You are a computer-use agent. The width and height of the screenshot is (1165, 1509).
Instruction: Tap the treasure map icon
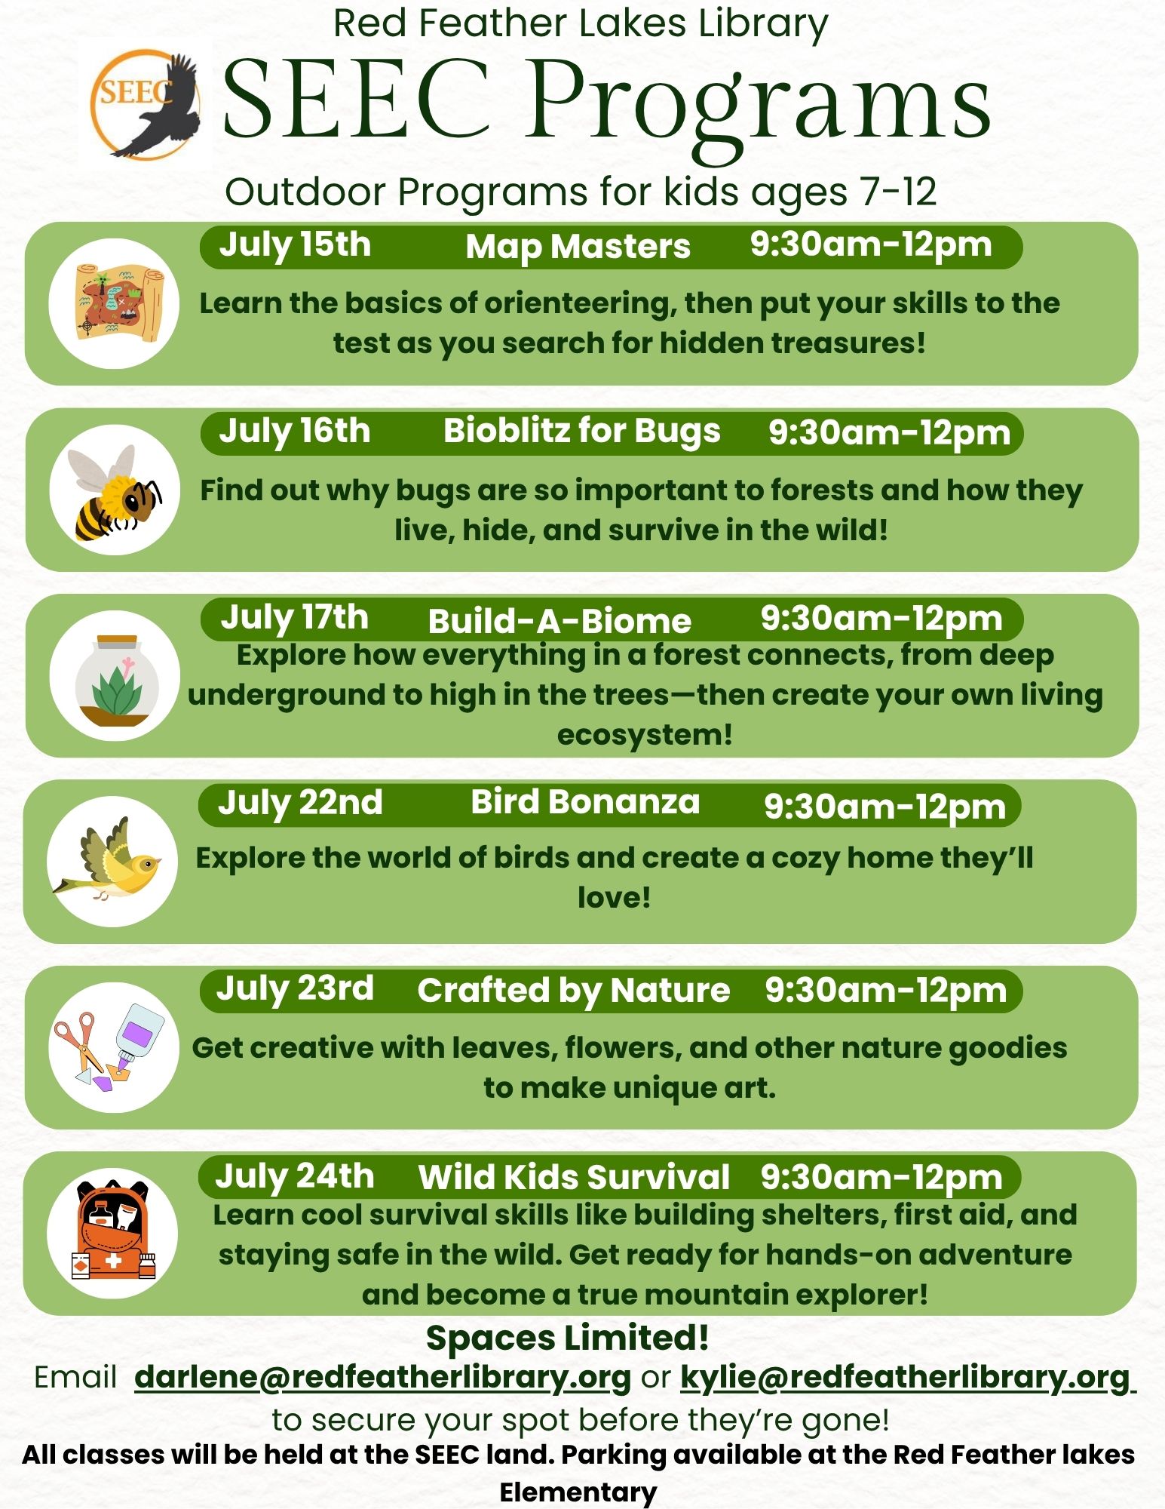(118, 303)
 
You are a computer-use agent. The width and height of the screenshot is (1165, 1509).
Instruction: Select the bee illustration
(114, 491)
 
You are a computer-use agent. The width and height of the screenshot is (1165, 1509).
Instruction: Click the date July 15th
(295, 245)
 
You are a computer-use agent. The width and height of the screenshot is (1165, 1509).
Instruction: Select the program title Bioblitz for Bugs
(581, 432)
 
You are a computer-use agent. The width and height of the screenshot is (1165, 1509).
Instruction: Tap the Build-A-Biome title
(560, 621)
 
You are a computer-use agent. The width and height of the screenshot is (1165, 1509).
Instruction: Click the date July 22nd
(300, 803)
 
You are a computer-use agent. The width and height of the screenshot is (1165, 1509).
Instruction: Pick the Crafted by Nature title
(573, 991)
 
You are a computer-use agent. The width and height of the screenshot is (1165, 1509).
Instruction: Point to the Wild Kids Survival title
(574, 1177)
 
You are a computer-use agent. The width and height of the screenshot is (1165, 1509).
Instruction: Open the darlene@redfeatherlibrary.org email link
(382, 1377)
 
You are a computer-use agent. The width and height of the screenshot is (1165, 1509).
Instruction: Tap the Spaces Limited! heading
(567, 1338)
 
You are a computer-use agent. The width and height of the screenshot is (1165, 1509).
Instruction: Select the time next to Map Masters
(870, 245)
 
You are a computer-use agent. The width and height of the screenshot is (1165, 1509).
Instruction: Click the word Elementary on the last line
(578, 1492)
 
